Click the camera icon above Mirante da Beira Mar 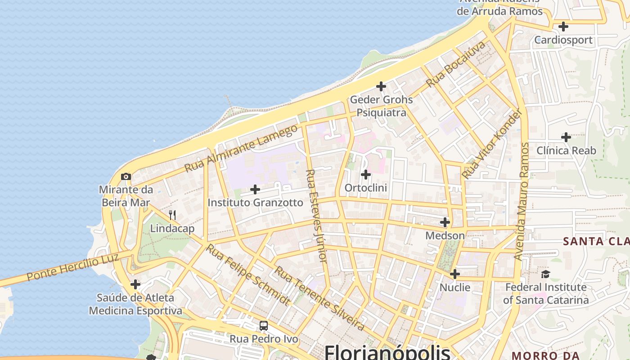click(x=126, y=176)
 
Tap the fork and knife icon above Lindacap click(x=172, y=215)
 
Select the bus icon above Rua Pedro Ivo click(x=264, y=325)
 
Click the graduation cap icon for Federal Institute click(x=545, y=274)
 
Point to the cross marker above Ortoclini click(x=366, y=174)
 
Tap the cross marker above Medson click(x=445, y=222)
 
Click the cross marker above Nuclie click(x=455, y=274)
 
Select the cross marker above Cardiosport click(x=563, y=26)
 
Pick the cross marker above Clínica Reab click(x=566, y=137)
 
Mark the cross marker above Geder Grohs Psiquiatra click(x=381, y=86)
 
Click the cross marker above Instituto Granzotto click(x=255, y=189)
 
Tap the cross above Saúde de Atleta click(x=135, y=284)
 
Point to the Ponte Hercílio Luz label click(x=72, y=267)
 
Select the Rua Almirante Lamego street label click(x=241, y=148)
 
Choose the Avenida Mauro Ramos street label click(x=522, y=201)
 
